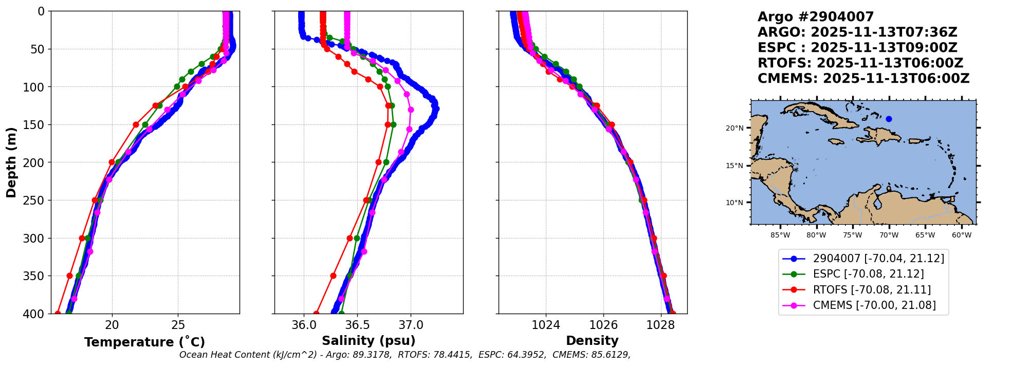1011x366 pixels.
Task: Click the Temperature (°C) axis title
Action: [144, 342]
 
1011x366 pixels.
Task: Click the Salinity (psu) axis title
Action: [369, 341]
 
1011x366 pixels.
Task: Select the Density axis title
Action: [592, 341]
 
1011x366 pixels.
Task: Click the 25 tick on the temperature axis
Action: [178, 325]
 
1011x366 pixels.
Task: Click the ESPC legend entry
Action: [868, 274]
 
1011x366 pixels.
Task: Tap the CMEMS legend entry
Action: [874, 305]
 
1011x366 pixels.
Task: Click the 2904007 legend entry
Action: [878, 259]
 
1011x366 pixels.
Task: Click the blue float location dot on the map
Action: [889, 119]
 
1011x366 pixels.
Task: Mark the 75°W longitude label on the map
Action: [852, 235]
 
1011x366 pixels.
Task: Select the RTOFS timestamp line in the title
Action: [860, 63]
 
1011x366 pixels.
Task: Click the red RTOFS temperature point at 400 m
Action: [58, 314]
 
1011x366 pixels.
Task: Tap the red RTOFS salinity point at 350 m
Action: [333, 276]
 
